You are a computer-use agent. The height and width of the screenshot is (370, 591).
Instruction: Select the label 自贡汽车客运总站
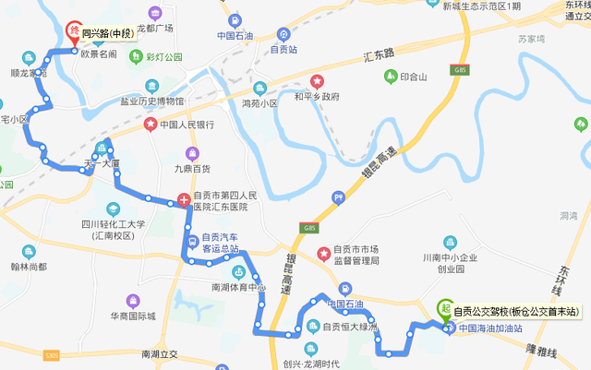(220, 242)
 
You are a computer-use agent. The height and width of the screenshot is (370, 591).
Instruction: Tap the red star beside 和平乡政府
(318, 82)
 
